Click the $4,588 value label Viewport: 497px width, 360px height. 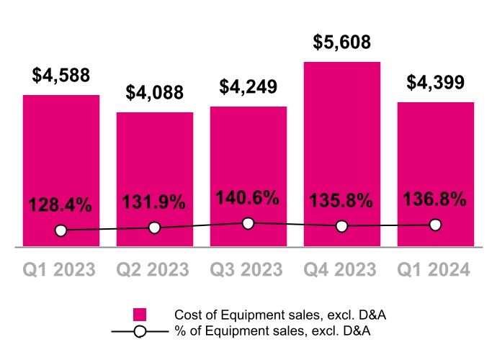[61, 76]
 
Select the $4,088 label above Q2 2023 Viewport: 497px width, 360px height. [155, 93]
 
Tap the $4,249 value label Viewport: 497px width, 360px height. [248, 87]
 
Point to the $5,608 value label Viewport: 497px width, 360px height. [342, 42]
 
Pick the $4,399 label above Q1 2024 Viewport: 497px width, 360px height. [435, 82]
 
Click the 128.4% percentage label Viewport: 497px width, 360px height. [61, 204]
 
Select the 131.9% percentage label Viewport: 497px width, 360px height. [155, 202]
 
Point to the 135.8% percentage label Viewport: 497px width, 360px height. [342, 199]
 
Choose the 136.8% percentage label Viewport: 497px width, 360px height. [435, 198]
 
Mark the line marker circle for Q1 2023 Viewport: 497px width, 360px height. [61, 230]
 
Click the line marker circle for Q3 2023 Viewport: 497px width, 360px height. [248, 223]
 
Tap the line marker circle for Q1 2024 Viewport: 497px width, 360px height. [435, 225]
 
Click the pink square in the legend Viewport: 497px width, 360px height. [140, 315]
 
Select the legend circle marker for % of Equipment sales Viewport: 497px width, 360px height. [140, 331]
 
